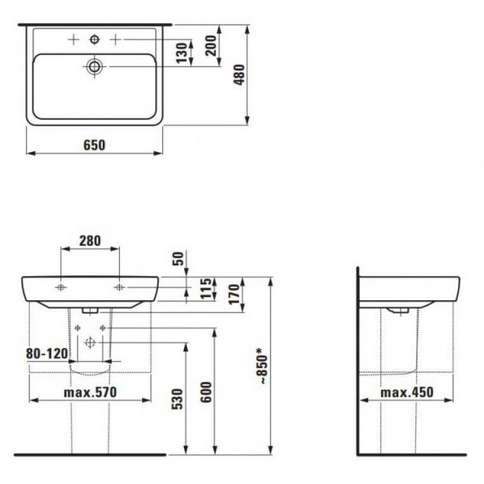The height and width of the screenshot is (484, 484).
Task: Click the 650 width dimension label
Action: click(94, 145)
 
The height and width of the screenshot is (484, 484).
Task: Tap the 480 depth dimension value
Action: click(240, 74)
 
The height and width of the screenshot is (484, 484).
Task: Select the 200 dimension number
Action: click(211, 45)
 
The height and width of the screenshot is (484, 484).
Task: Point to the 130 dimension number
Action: click(182, 53)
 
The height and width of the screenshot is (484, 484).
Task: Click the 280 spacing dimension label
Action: click(90, 241)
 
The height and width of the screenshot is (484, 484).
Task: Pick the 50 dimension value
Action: click(178, 259)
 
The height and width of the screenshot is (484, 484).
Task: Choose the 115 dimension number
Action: click(206, 289)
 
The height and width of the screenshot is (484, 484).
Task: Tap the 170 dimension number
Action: click(235, 294)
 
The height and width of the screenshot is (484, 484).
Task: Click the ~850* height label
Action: click(263, 366)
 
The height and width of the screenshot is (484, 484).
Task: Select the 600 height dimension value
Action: click(206, 392)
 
